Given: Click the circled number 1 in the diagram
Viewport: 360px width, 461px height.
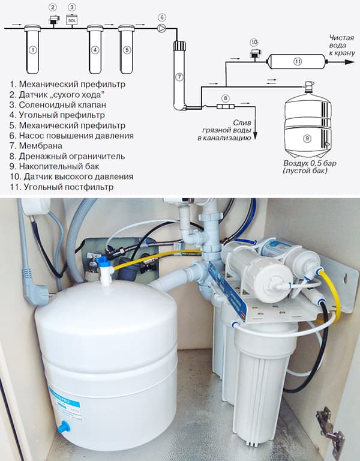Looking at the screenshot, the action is (33, 50).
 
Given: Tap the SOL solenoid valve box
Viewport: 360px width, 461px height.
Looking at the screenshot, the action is (72, 19).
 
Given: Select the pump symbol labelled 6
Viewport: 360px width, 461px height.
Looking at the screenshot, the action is (162, 28).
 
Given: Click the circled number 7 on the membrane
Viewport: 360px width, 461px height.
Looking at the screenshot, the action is (179, 77).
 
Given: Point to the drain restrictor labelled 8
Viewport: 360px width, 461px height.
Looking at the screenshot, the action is (226, 106).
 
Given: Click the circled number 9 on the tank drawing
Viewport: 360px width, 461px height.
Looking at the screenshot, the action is (307, 138).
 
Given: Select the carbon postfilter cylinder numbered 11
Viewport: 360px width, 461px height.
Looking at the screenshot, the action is (297, 61).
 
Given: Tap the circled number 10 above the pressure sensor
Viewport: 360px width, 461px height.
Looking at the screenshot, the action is (254, 43).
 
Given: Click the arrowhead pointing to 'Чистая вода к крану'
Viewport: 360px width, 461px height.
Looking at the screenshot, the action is (350, 62).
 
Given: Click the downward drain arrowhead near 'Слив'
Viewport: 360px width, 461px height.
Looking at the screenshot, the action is (255, 136).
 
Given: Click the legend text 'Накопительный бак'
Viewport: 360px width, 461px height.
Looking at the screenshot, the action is (59, 166).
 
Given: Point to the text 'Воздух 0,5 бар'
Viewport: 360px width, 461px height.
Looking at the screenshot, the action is (310, 163).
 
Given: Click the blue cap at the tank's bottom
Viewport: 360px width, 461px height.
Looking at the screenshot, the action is (64, 427).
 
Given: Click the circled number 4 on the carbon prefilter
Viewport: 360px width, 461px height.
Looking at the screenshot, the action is (95, 50).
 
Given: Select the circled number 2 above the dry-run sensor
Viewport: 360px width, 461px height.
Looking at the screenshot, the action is (53, 7).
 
